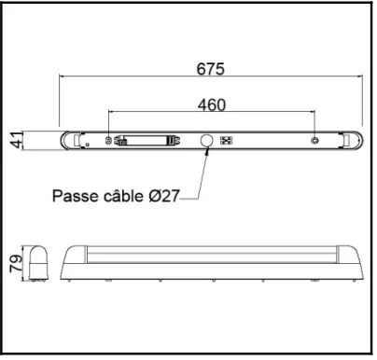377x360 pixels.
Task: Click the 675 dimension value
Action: (211, 69)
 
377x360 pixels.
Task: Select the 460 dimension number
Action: (212, 104)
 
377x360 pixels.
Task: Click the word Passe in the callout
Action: (76, 196)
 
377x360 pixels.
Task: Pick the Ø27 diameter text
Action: (164, 196)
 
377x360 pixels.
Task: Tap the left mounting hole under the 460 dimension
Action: (110, 141)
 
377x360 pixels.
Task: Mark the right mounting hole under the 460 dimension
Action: (314, 141)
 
